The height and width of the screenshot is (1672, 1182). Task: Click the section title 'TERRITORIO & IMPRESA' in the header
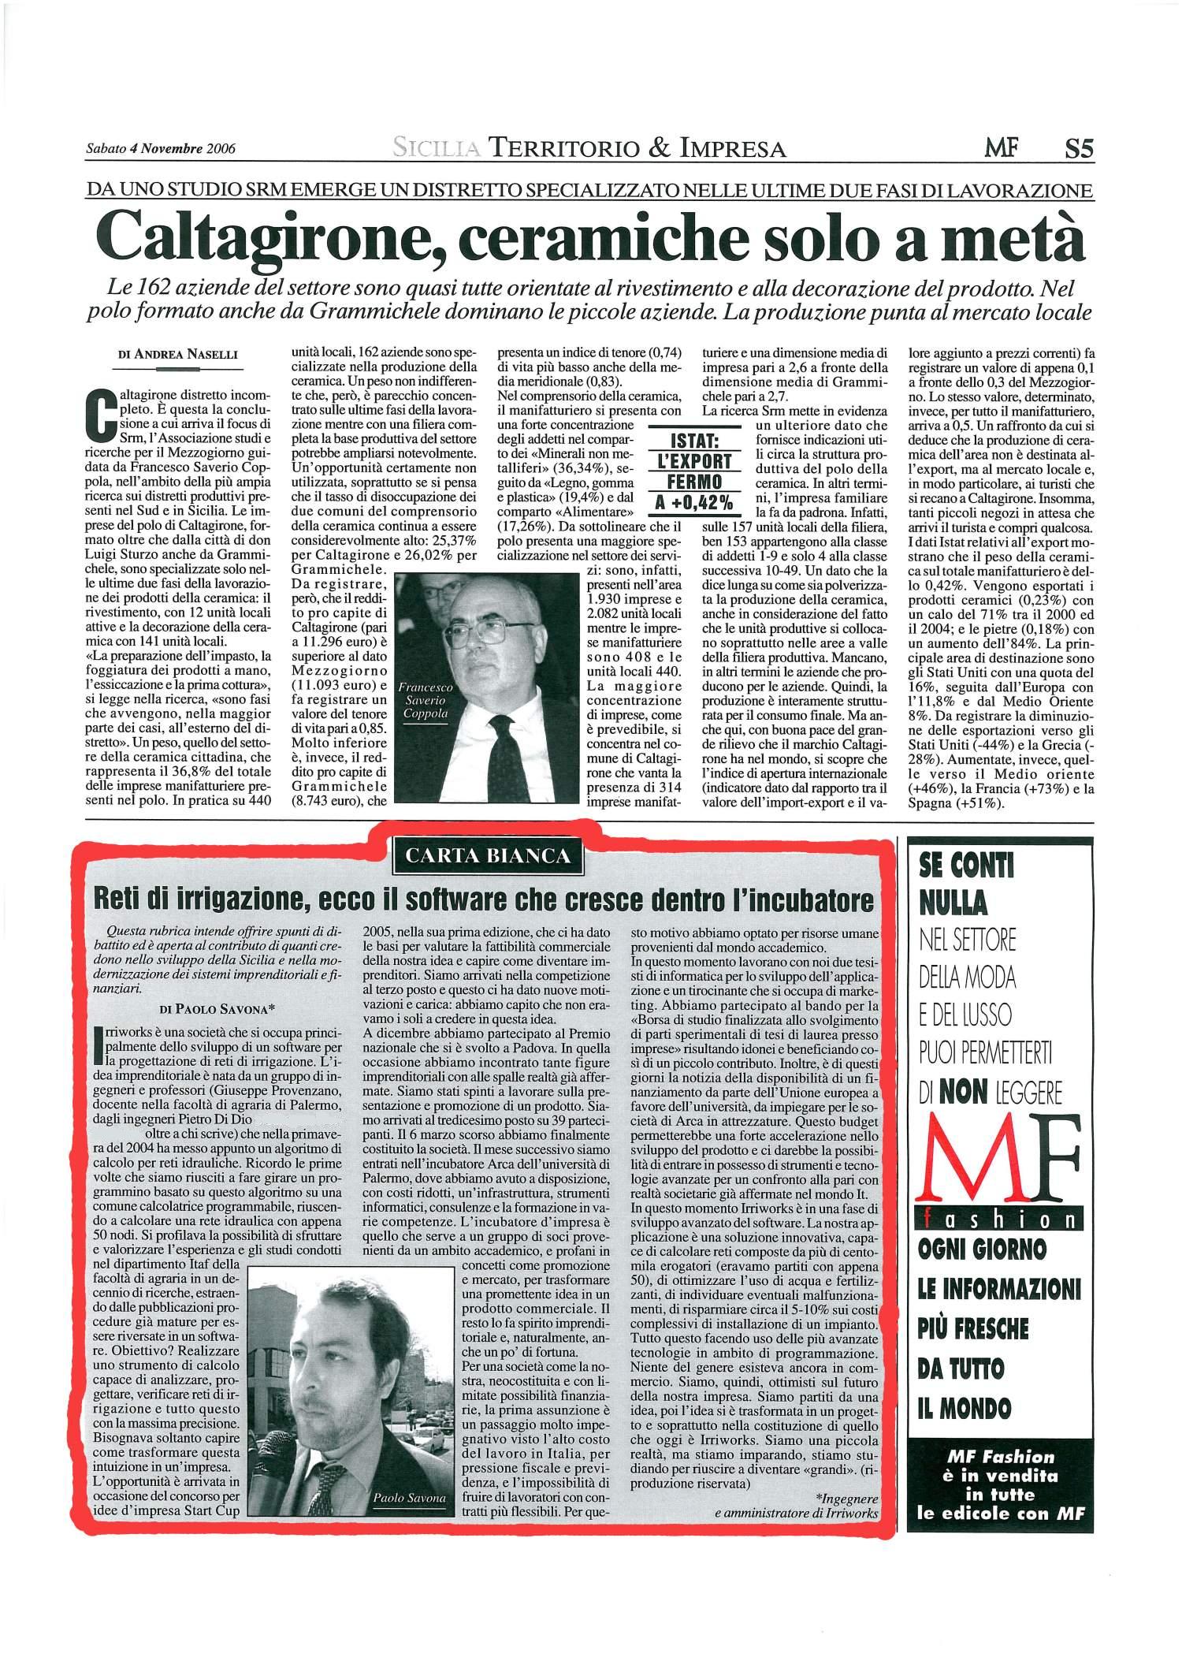pyautogui.click(x=637, y=147)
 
